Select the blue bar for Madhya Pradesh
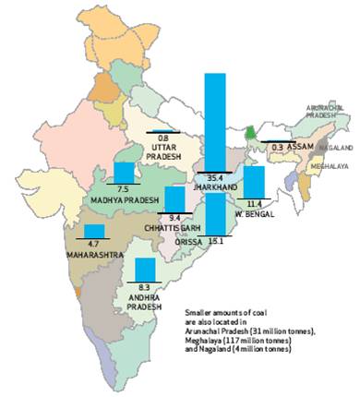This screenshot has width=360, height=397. click(x=124, y=172)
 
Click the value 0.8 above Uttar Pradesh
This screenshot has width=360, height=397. click(x=163, y=138)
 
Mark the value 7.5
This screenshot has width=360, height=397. click(x=124, y=188)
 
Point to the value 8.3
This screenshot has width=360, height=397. click(x=146, y=287)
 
